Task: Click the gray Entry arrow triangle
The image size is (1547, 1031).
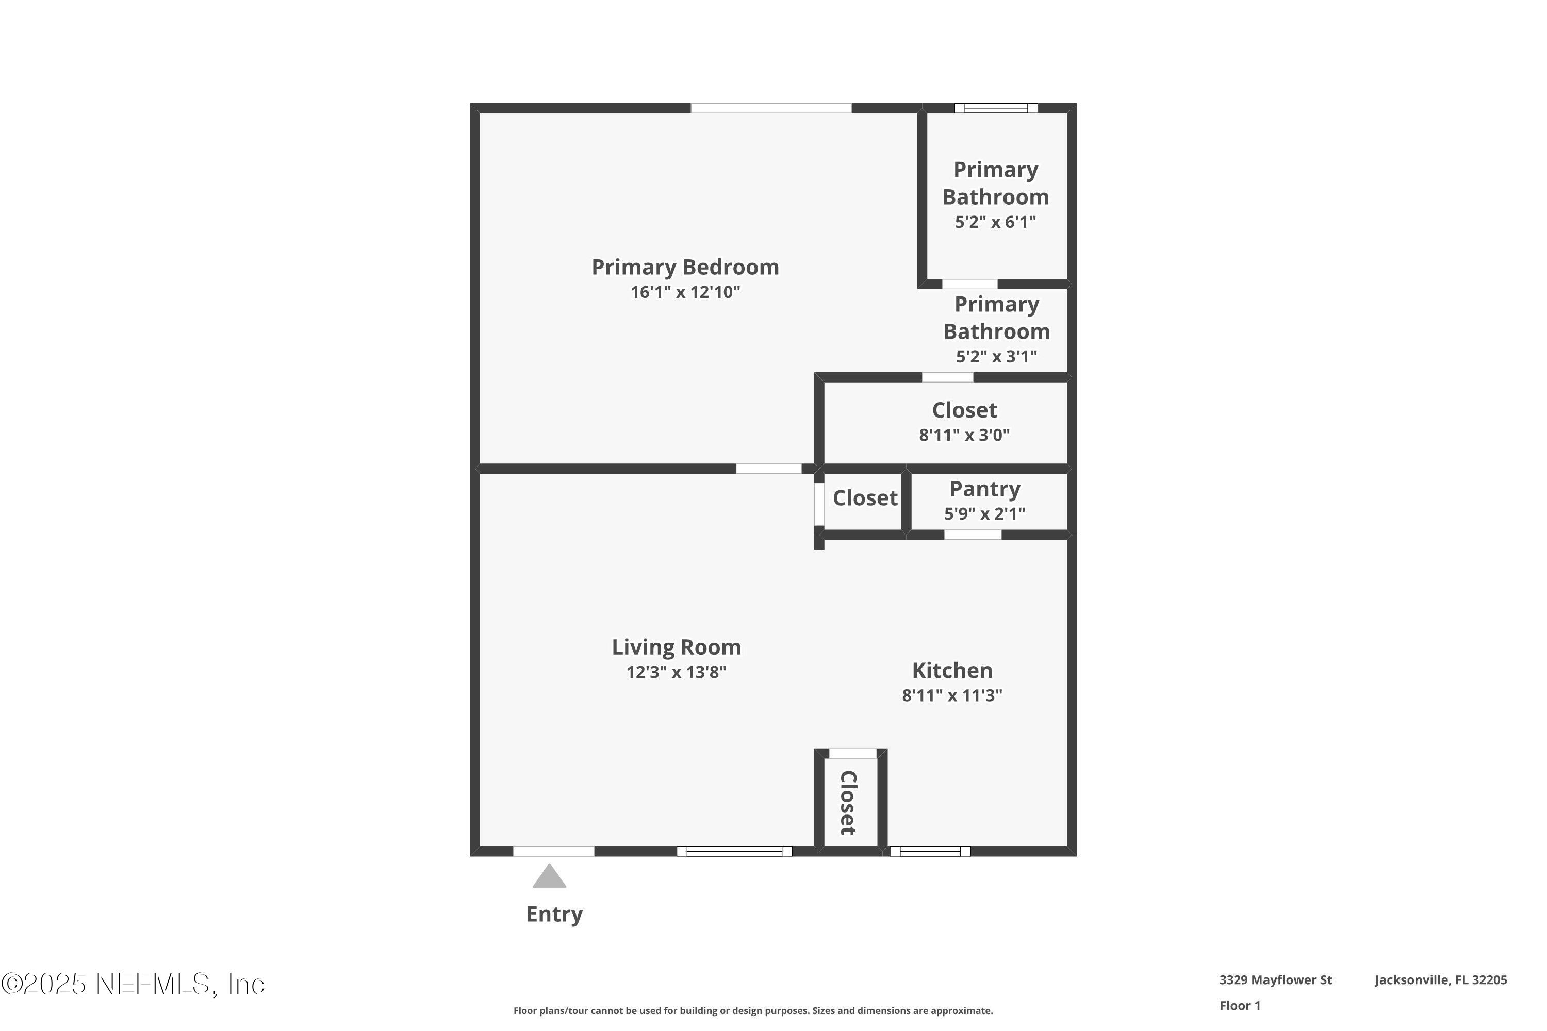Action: (549, 878)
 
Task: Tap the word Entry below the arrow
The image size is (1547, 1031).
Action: (554, 914)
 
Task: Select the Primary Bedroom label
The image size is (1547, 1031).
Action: (685, 267)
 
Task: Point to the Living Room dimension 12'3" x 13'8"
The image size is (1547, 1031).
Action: (676, 673)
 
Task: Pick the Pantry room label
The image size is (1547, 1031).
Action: (984, 489)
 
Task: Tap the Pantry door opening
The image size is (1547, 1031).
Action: (972, 535)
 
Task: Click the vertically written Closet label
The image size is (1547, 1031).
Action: (848, 803)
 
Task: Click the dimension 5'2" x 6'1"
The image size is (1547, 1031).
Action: (995, 222)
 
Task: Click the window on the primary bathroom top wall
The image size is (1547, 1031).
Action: (995, 108)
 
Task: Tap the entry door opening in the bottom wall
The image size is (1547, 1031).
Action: (553, 852)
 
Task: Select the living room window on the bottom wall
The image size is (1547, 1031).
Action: (734, 852)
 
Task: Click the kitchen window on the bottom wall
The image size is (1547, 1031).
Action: (929, 852)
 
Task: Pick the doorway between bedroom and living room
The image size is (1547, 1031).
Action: (768, 469)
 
